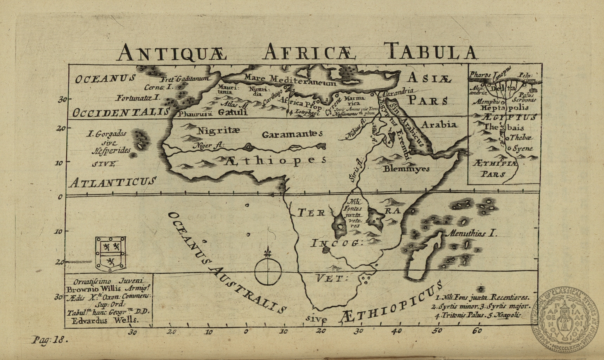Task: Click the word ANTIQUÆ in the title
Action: pos(172,52)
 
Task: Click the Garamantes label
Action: pos(292,135)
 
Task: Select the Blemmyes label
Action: pos(406,169)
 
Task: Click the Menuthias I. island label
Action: pos(472,234)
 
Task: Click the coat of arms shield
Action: pos(110,254)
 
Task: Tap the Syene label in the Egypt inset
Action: pos(523,148)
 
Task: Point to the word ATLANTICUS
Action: pos(113,182)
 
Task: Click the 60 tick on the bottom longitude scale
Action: pos(477,331)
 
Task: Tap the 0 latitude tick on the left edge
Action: pos(60,197)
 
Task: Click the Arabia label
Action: pos(439,125)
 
